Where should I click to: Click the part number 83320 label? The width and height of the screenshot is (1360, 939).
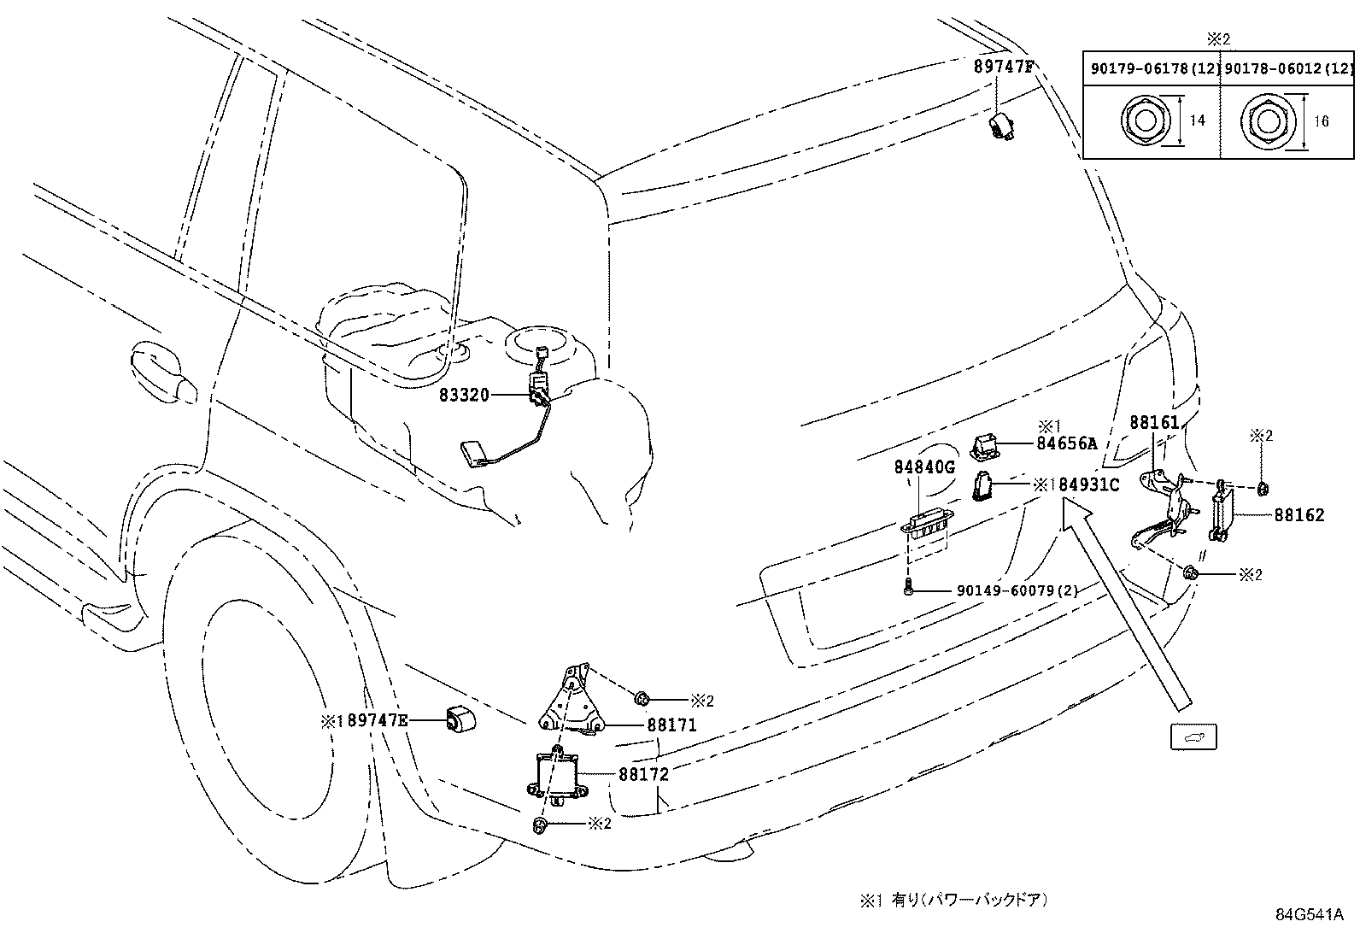pos(464,395)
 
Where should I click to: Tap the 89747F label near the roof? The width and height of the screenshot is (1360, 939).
pos(1003,66)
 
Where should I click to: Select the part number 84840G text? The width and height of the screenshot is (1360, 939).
pos(923,467)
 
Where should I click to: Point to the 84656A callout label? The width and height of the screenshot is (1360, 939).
pos(1066,443)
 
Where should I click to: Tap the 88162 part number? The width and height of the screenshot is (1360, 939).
pos(1298,515)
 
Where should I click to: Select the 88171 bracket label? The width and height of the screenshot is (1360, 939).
pos(671,725)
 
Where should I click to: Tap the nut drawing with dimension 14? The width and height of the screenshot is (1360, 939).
pos(1140,120)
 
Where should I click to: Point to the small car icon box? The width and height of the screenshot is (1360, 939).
pos(1193,737)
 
